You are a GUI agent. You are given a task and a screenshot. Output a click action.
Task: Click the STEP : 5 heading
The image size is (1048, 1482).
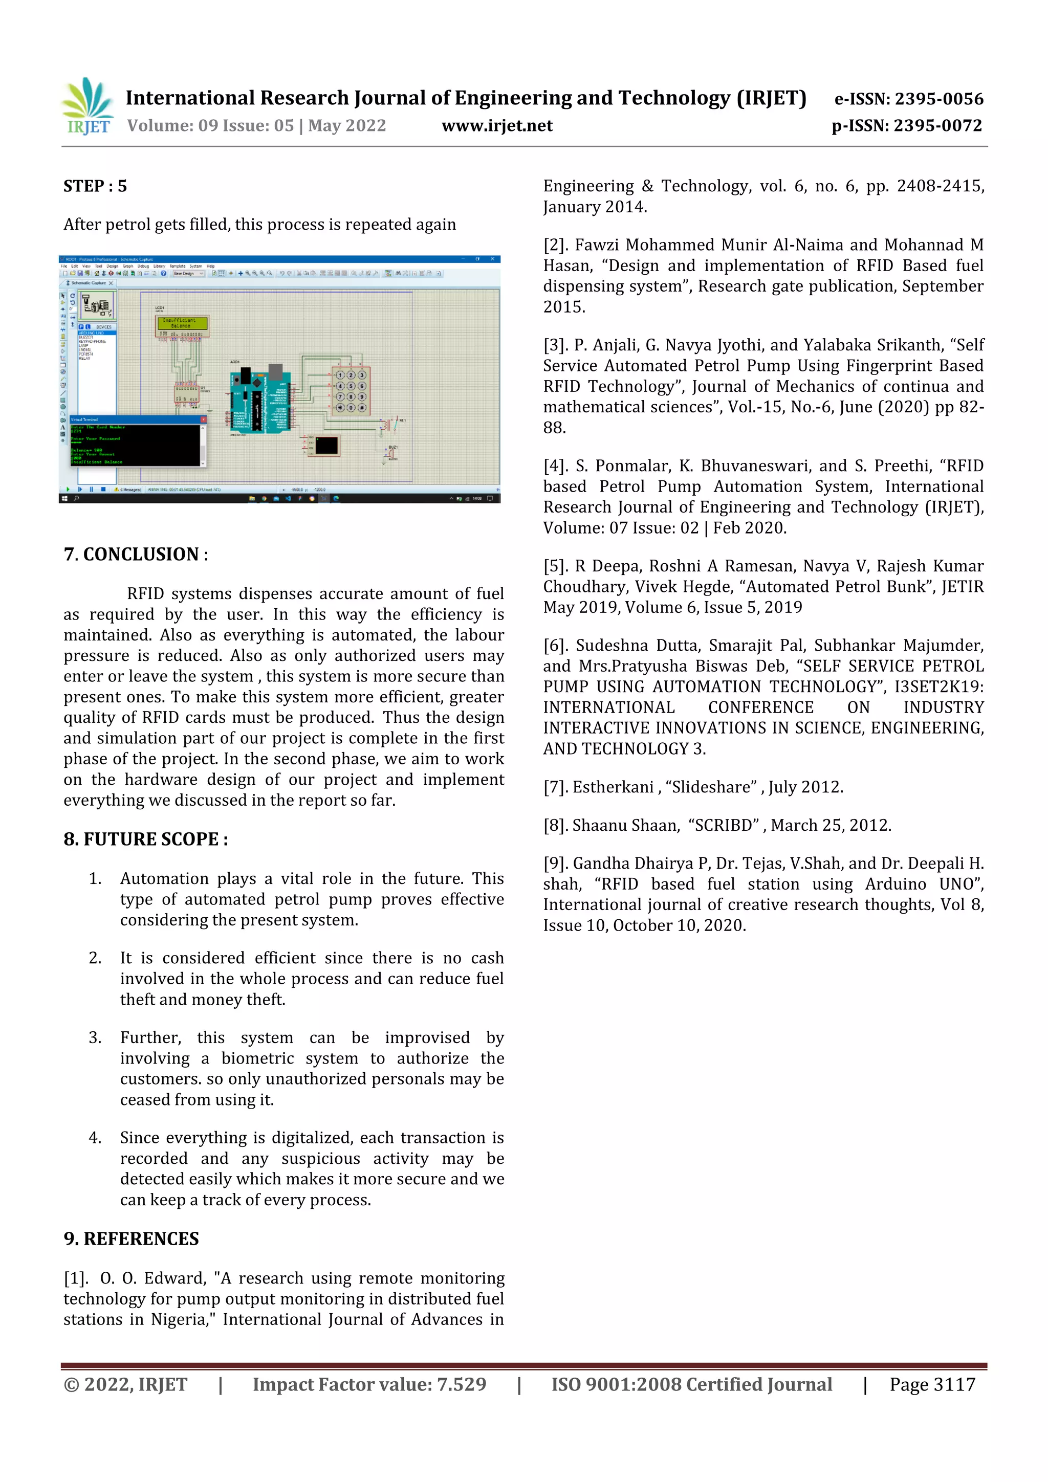[95, 187]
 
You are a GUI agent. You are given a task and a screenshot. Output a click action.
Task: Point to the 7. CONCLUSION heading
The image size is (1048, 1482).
[135, 555]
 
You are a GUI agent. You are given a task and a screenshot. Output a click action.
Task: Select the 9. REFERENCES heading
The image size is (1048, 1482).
[131, 1238]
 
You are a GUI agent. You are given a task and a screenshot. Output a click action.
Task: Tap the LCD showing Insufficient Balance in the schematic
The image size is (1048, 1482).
[183, 323]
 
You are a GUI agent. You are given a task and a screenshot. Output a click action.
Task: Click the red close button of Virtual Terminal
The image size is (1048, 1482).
[203, 419]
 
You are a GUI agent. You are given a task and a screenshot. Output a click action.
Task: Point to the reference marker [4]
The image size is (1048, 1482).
[555, 466]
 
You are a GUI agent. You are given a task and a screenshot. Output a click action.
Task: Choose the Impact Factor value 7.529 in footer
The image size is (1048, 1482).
[461, 1384]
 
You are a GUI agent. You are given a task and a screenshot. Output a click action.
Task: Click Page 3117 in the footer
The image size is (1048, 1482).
[932, 1384]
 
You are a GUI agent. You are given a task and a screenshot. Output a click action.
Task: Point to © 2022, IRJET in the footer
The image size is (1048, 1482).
[125, 1384]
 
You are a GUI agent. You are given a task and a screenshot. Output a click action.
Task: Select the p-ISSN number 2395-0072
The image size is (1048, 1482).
[937, 126]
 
